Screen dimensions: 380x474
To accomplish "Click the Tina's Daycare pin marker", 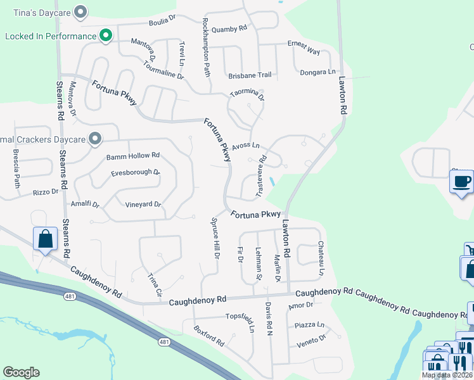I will point(80,11).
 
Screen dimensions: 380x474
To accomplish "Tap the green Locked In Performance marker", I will point(106,36).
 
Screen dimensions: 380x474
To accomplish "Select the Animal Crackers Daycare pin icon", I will point(95,138).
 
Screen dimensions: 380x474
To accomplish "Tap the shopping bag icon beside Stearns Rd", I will point(46,239).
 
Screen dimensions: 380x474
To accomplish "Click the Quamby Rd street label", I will point(229,29).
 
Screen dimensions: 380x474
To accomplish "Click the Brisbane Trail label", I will point(250,75).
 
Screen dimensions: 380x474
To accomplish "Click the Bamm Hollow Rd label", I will point(133,156).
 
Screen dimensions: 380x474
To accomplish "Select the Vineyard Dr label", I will point(143,205).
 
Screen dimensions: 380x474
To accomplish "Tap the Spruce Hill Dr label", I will point(215,239).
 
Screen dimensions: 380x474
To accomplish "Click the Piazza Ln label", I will point(309,326).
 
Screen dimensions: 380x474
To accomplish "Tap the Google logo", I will point(21,372).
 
